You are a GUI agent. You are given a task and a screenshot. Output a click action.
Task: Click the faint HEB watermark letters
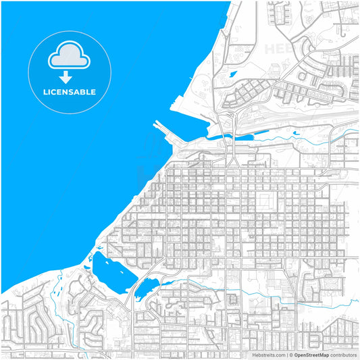coord(284,49)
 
